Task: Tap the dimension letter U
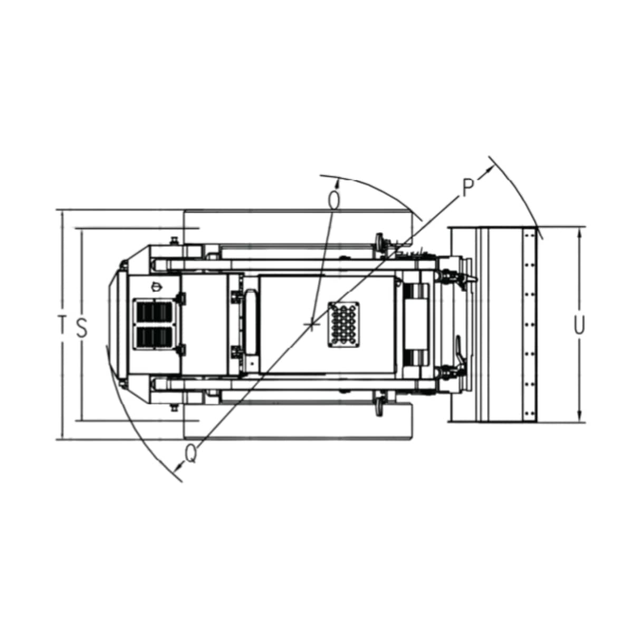click(579, 325)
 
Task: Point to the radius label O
click(333, 200)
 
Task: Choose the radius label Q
click(191, 453)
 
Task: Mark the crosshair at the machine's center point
click(312, 324)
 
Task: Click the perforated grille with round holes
click(344, 324)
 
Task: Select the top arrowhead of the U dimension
click(579, 232)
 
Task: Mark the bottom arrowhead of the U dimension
click(579, 417)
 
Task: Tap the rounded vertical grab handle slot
click(252, 324)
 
